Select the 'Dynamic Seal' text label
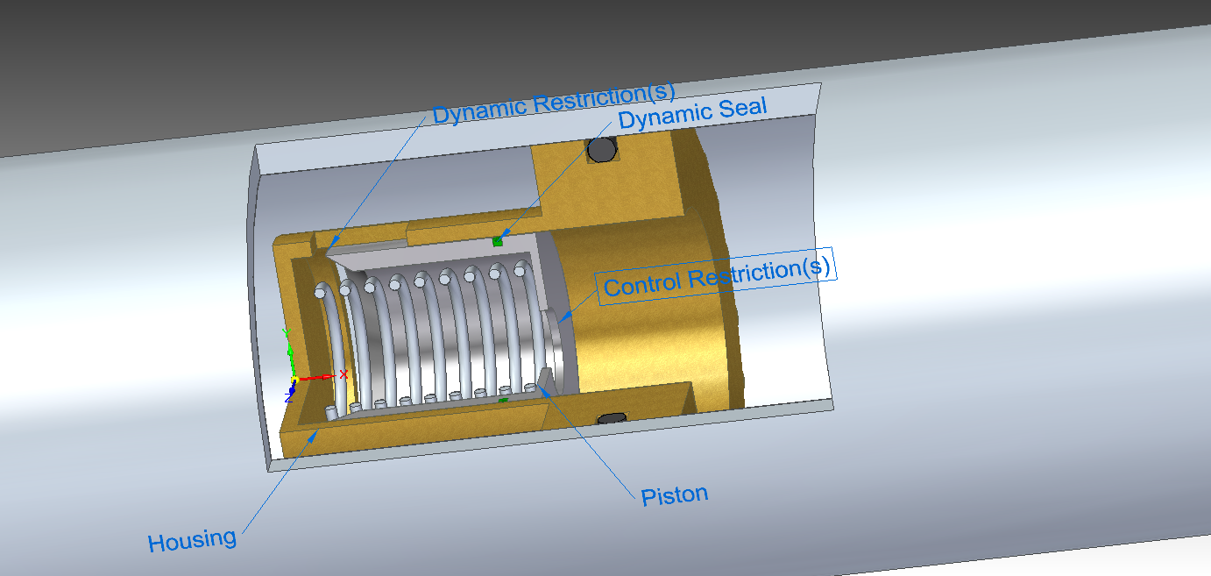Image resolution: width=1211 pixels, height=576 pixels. tap(692, 114)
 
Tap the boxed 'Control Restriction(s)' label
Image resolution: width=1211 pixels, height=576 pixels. tap(717, 276)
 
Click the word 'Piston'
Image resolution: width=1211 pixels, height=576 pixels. tap(674, 495)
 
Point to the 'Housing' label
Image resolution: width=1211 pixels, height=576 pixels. tap(192, 540)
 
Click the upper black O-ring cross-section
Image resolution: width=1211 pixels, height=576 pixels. tap(602, 150)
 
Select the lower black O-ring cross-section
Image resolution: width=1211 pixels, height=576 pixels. tap(611, 418)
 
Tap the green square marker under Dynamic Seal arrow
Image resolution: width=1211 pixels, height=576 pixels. tap(498, 241)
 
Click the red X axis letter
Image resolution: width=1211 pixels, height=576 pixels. tap(343, 373)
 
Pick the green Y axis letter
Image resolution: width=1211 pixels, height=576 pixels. tap(284, 333)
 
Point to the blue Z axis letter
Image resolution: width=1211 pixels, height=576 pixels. tap(288, 396)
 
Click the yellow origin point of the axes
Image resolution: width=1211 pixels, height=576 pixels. tap(295, 379)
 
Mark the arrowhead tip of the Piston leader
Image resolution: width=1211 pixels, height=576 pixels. tap(542, 387)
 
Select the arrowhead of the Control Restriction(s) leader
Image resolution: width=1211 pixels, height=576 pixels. tap(560, 321)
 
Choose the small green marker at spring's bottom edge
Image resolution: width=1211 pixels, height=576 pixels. tap(503, 400)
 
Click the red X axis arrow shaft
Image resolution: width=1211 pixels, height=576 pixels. tap(315, 378)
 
